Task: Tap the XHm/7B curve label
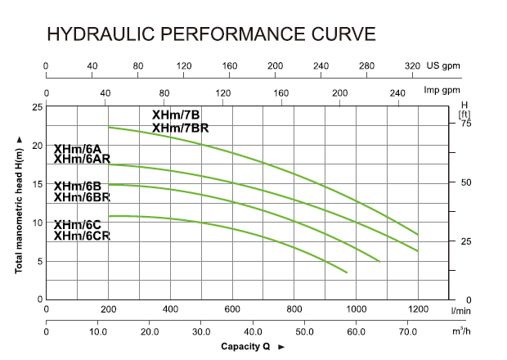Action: [x=176, y=115]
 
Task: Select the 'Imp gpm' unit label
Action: [x=442, y=91]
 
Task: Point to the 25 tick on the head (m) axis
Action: [x=37, y=107]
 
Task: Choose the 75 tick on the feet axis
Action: [x=466, y=124]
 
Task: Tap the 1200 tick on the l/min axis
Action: [x=418, y=309]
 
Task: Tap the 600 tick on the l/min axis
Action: [x=231, y=309]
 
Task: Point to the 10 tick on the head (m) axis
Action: [x=37, y=223]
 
